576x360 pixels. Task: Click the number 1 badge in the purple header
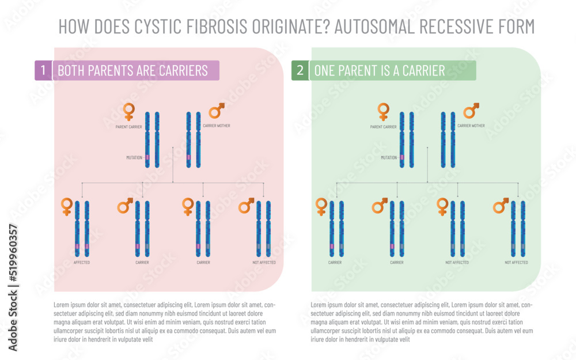coord(43,70)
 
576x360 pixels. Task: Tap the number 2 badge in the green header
coord(300,70)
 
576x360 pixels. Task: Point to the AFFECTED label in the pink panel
coord(82,263)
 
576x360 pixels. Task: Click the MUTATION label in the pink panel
coord(134,157)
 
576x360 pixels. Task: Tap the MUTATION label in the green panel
coord(389,157)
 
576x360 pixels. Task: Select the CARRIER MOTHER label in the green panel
coord(471,126)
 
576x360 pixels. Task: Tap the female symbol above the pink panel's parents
coord(129,111)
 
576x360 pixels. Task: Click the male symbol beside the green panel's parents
coord(472,110)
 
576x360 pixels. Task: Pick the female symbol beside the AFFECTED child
coord(67,206)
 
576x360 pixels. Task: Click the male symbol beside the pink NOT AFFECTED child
coord(247,205)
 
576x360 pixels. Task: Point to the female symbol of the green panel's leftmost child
coord(321,206)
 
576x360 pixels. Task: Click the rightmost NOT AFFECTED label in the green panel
coord(516,263)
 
